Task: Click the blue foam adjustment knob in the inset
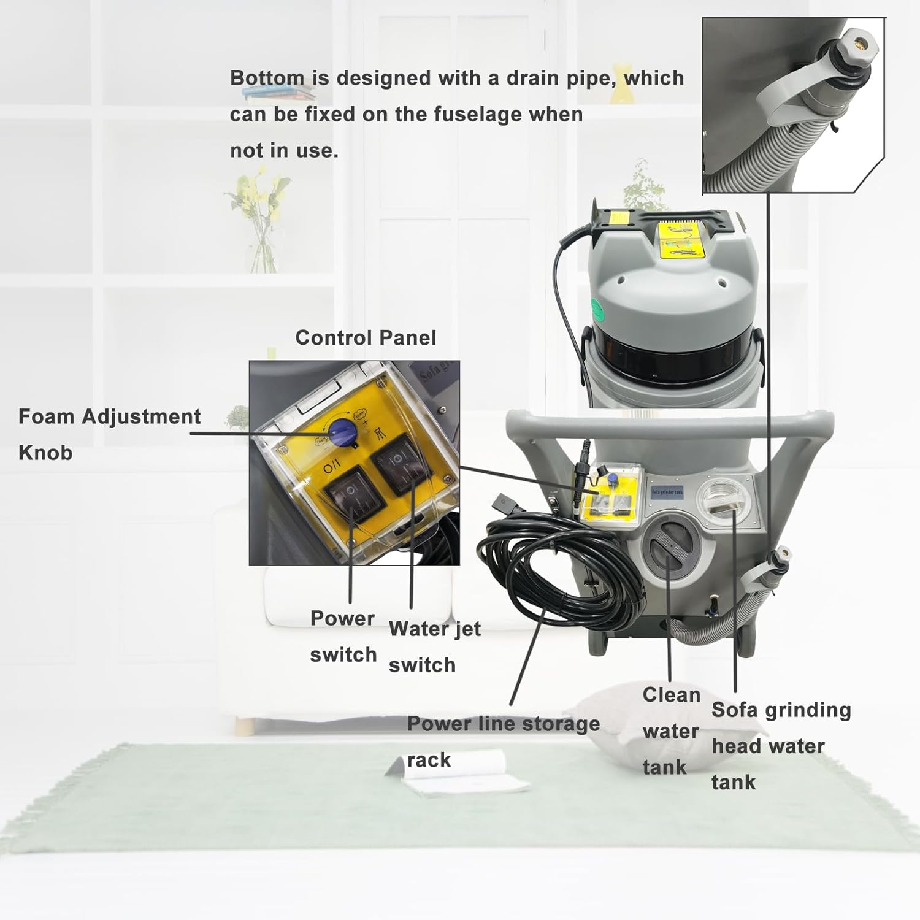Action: (x=337, y=431)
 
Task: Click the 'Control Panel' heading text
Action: (x=366, y=338)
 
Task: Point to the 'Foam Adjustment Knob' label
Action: (x=109, y=434)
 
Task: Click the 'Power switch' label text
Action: (x=343, y=636)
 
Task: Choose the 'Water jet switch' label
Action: (x=434, y=646)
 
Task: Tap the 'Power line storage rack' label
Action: (x=503, y=741)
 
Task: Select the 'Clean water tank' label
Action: (x=671, y=730)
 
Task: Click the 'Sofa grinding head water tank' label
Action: (x=781, y=745)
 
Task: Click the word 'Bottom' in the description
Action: (x=267, y=79)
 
